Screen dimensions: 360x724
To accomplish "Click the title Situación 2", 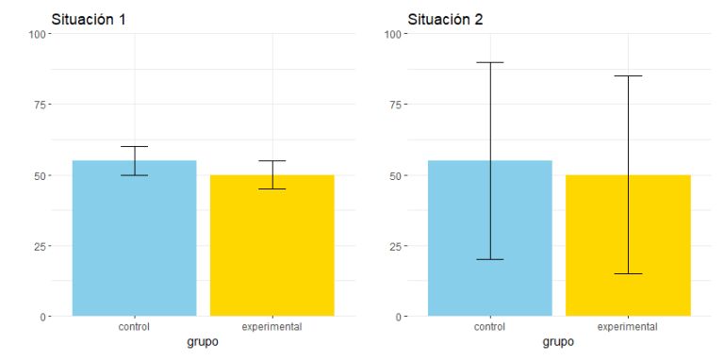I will coord(445,19).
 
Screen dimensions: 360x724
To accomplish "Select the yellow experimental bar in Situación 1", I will coord(272,250).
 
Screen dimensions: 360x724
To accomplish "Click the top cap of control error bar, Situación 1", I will coord(134,147).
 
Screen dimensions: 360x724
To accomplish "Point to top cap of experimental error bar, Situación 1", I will coord(272,161).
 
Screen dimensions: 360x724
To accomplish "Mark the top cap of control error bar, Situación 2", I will coord(490,62).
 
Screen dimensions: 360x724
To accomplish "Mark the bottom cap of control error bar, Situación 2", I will coord(490,259).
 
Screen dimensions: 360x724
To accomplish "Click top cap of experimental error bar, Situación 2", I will coord(628,76).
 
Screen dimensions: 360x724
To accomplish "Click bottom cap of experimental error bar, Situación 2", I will coord(628,273).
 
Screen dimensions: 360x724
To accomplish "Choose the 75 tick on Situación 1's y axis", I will coord(40,105).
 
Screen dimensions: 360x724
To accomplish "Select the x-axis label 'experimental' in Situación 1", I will coord(272,327).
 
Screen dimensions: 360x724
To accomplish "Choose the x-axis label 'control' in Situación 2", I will coord(490,327).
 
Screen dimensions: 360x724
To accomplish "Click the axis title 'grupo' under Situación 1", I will coord(203,342).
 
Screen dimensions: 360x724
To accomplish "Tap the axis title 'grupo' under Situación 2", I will coord(559,342).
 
